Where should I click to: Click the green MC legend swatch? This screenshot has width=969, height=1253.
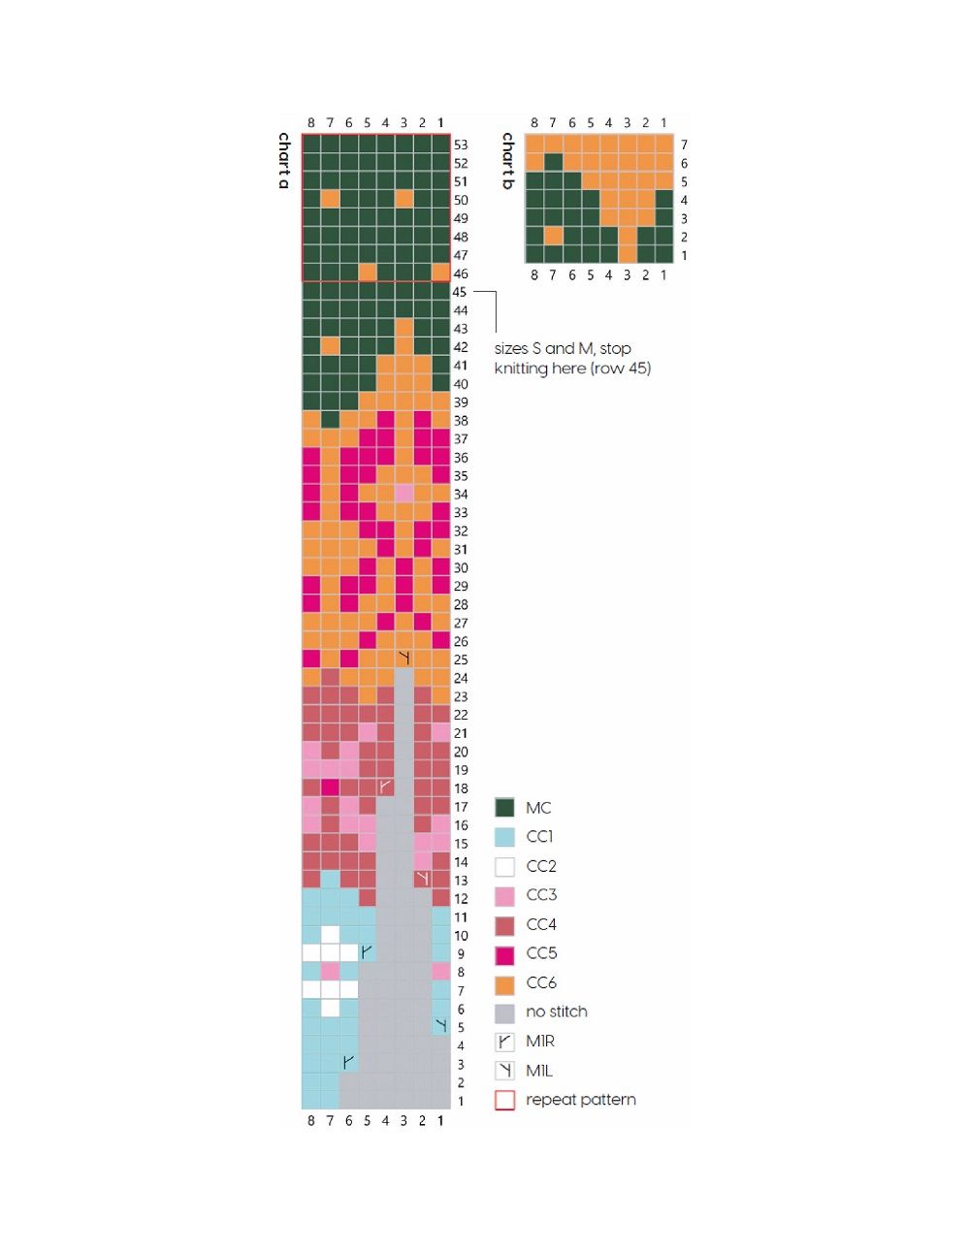[x=504, y=808]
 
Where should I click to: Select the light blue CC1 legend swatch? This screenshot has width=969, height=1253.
[x=504, y=837]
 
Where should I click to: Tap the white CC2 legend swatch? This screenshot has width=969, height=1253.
[x=504, y=866]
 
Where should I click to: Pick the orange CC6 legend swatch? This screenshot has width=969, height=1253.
[x=504, y=983]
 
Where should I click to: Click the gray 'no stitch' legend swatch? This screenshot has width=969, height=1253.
[x=504, y=1012]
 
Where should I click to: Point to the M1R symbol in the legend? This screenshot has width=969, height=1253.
[x=504, y=1042]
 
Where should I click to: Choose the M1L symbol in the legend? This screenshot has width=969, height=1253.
[x=504, y=1071]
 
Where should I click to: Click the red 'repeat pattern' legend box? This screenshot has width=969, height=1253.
[x=504, y=1100]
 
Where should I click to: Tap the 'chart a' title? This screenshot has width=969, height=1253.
[x=284, y=160]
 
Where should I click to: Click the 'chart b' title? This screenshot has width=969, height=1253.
[x=507, y=160]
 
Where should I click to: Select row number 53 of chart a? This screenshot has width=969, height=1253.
[x=461, y=145]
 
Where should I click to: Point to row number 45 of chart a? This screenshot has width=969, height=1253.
[x=460, y=292]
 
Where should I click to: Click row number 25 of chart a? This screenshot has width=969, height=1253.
[x=460, y=659]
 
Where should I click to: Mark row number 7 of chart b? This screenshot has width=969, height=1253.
[x=684, y=145]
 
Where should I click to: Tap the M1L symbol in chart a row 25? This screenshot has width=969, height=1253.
[x=404, y=659]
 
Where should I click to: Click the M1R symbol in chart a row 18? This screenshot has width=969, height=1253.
[x=385, y=787]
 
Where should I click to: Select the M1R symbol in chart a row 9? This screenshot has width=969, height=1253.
[x=367, y=953]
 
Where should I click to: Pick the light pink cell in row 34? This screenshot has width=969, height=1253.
[x=404, y=494]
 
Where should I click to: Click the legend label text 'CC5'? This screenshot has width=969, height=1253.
[x=541, y=953]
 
